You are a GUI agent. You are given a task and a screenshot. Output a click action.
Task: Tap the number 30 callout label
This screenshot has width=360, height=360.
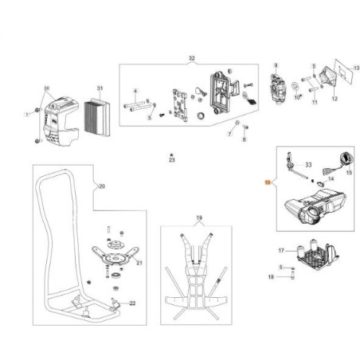pos(46,88)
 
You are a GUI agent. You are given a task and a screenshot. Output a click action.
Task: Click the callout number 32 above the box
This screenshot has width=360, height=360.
pos(190,60)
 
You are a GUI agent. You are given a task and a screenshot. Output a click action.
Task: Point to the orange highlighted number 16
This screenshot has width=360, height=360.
pos(268,182)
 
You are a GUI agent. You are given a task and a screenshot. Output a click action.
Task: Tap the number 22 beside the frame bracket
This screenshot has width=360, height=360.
pos(132,304)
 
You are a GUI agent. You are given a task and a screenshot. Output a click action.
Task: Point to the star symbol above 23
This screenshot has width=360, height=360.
pos(170,153)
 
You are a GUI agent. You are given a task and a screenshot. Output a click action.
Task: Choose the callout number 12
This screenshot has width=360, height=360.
pos(335,100)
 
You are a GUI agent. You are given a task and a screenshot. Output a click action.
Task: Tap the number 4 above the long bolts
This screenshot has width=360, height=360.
pos(135,92)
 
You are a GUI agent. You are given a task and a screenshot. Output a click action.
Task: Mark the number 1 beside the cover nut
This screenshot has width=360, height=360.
pos(25,115)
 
